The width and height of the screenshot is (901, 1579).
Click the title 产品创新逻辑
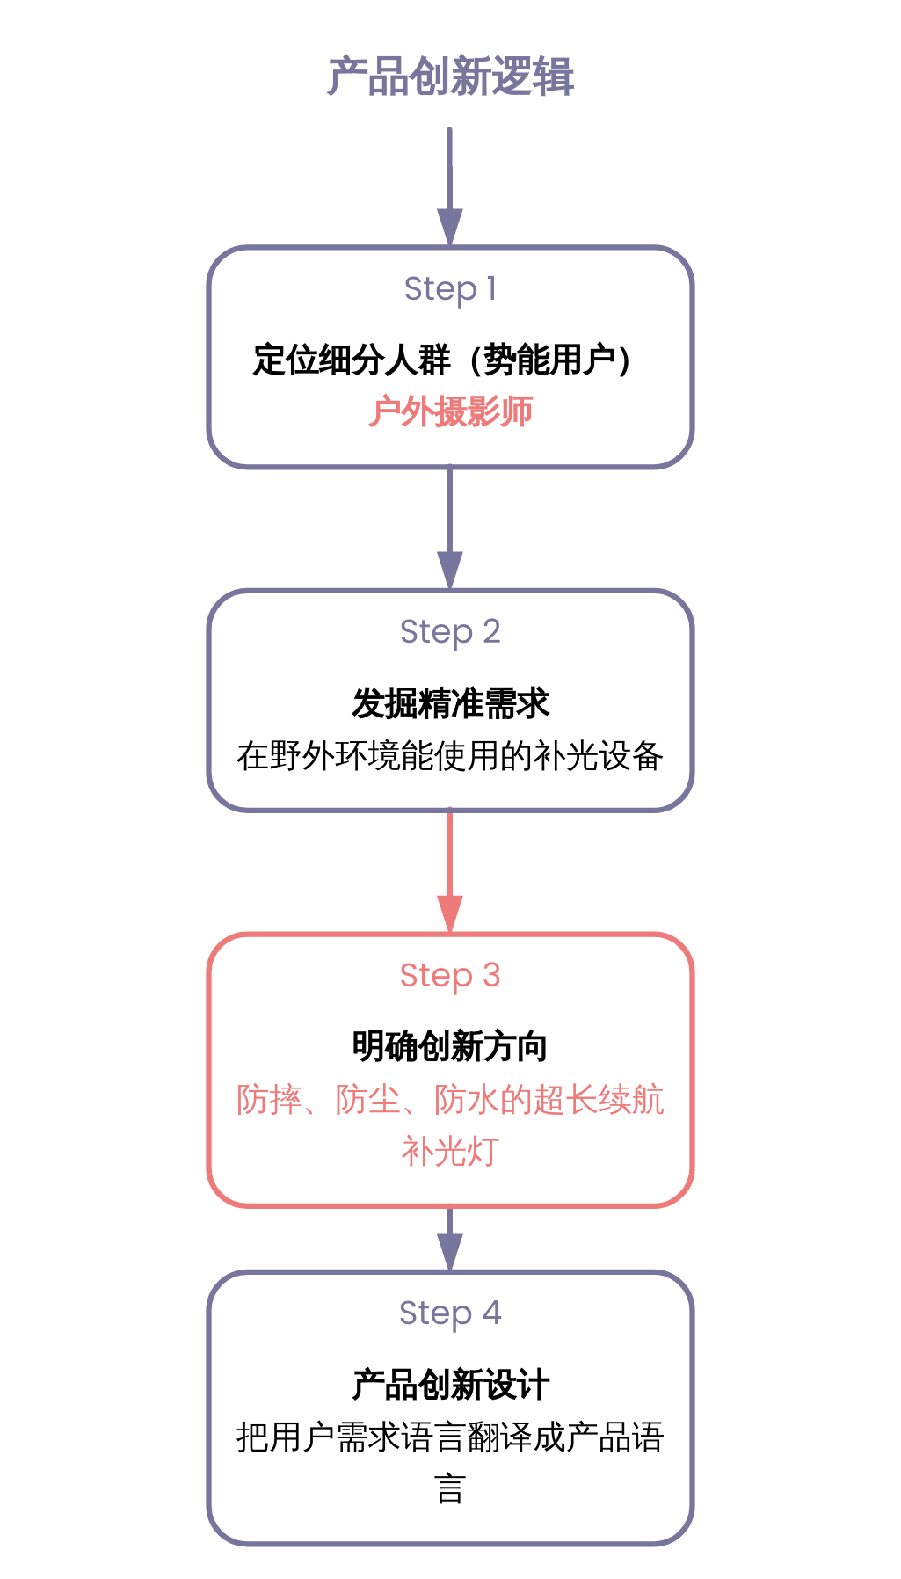click(x=450, y=76)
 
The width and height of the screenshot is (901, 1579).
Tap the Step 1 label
click(x=450, y=288)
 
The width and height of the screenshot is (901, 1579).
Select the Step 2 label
click(x=450, y=631)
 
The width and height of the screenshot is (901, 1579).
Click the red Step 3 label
click(x=450, y=975)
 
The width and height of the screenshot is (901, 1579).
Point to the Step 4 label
click(x=450, y=1313)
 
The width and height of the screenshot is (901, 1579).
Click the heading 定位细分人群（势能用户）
click(x=442, y=360)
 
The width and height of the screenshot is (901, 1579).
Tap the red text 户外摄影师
click(x=450, y=411)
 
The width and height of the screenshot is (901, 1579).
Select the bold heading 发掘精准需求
click(x=450, y=703)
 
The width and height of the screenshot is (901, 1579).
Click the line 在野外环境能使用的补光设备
click(x=450, y=756)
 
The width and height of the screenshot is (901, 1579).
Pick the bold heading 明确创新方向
click(x=450, y=1046)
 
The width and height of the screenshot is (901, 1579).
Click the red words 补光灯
click(x=450, y=1152)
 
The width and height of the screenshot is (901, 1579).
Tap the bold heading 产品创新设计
click(x=450, y=1385)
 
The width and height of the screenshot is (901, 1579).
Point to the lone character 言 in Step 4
click(x=450, y=1489)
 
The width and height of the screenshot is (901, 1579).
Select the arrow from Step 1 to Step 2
click(x=450, y=528)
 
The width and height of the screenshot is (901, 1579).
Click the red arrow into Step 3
click(x=450, y=870)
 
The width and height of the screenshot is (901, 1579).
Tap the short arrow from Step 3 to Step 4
click(x=450, y=1238)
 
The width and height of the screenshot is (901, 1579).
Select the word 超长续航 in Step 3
click(x=599, y=1100)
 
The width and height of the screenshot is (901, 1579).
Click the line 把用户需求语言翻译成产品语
click(x=450, y=1437)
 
